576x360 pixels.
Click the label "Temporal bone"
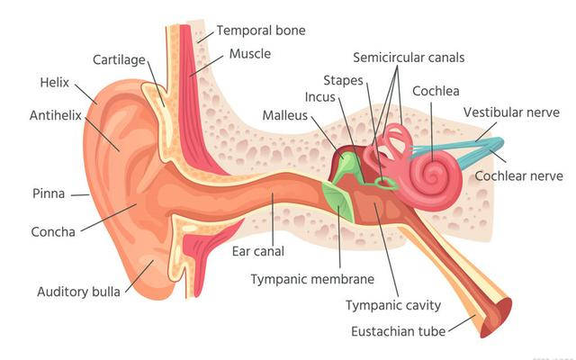(x=261, y=31)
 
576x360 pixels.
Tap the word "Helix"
(x=54, y=83)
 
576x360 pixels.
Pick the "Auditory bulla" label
(x=78, y=292)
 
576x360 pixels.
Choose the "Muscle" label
(x=249, y=54)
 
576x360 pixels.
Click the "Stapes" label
(x=345, y=80)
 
